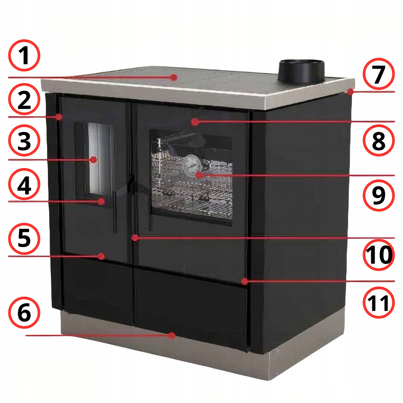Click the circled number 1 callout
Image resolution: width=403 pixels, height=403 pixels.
(24, 55)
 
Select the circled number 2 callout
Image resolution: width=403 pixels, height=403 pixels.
(24, 99)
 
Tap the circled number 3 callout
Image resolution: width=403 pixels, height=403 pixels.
(24, 141)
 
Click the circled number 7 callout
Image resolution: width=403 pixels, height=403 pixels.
(379, 74)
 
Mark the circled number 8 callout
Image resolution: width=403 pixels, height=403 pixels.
(379, 140)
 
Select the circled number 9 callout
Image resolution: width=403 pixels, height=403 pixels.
(379, 195)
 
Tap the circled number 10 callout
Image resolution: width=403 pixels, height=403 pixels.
(379, 255)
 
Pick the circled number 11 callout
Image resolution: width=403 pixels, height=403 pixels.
(379, 302)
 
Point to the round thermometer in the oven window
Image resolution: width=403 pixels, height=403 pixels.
(192, 165)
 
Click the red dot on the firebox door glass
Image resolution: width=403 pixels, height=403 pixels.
(94, 160)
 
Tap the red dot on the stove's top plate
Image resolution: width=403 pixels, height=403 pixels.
(174, 77)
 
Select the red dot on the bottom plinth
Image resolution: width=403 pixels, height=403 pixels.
(172, 335)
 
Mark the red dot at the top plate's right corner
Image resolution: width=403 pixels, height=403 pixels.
(350, 92)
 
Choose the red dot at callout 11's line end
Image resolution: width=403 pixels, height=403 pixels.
(244, 281)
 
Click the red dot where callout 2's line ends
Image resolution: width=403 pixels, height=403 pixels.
(59, 117)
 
